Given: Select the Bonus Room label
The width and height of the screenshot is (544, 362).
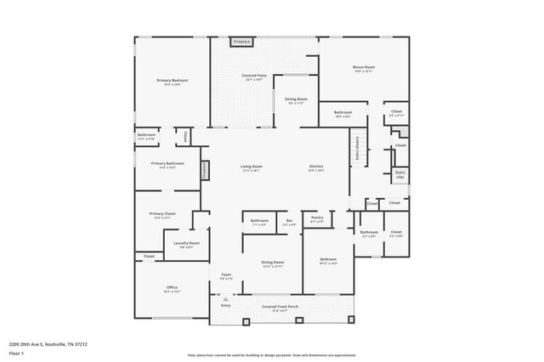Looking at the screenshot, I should (x=365, y=67).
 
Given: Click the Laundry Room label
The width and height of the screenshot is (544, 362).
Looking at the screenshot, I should (x=186, y=244).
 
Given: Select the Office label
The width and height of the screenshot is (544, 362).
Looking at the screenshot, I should (x=171, y=287).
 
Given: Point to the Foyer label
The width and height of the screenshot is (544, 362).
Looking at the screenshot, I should (x=226, y=274).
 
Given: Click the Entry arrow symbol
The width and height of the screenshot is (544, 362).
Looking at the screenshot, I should (x=225, y=298).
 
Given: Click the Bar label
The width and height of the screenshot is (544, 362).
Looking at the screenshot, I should (x=289, y=222).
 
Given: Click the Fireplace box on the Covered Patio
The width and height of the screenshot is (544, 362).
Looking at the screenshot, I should (x=241, y=41).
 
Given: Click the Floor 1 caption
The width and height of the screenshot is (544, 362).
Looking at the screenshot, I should (x=16, y=353).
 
